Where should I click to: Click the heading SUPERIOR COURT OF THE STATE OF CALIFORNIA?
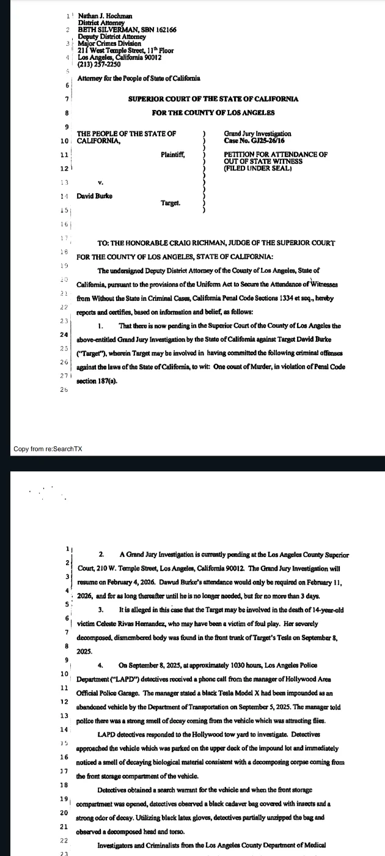[x=205, y=99]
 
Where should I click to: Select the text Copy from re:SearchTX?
[x=48, y=449]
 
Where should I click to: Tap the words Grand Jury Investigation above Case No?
[x=258, y=134]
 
